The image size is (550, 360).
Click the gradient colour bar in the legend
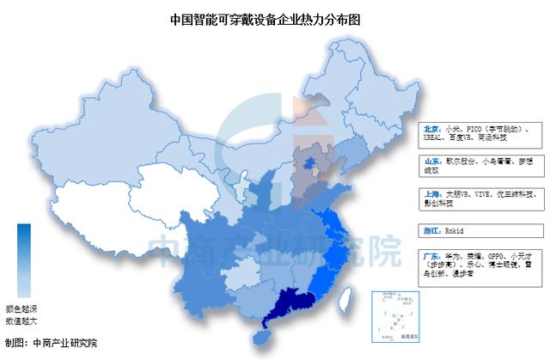tap(23, 259)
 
